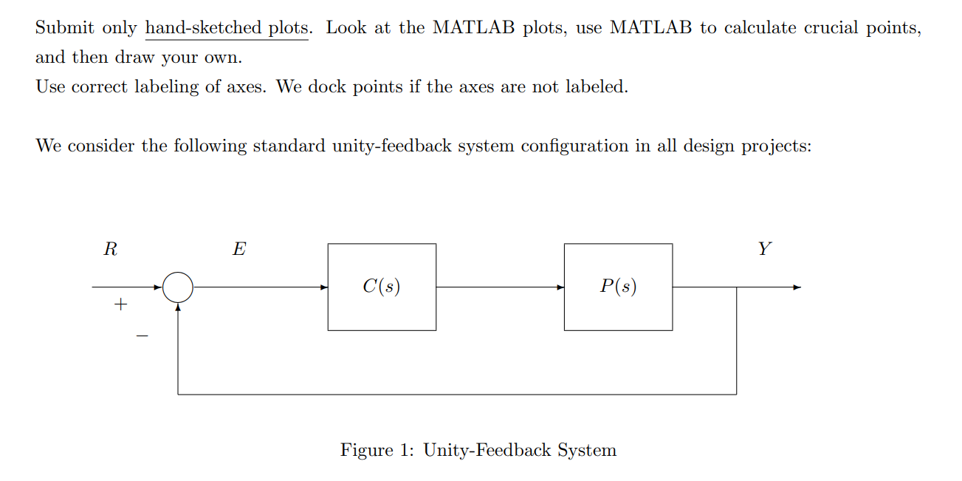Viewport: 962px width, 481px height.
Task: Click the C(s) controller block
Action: [382, 287]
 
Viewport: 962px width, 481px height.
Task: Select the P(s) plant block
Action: [618, 287]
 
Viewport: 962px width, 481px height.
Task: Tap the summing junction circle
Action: [178, 287]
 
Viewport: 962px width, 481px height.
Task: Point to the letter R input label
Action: [110, 249]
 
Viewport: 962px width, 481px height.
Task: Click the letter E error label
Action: [239, 249]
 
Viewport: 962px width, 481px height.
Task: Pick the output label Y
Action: [764, 249]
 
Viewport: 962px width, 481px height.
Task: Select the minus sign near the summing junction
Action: [142, 337]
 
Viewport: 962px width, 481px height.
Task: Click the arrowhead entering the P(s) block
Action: [560, 287]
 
